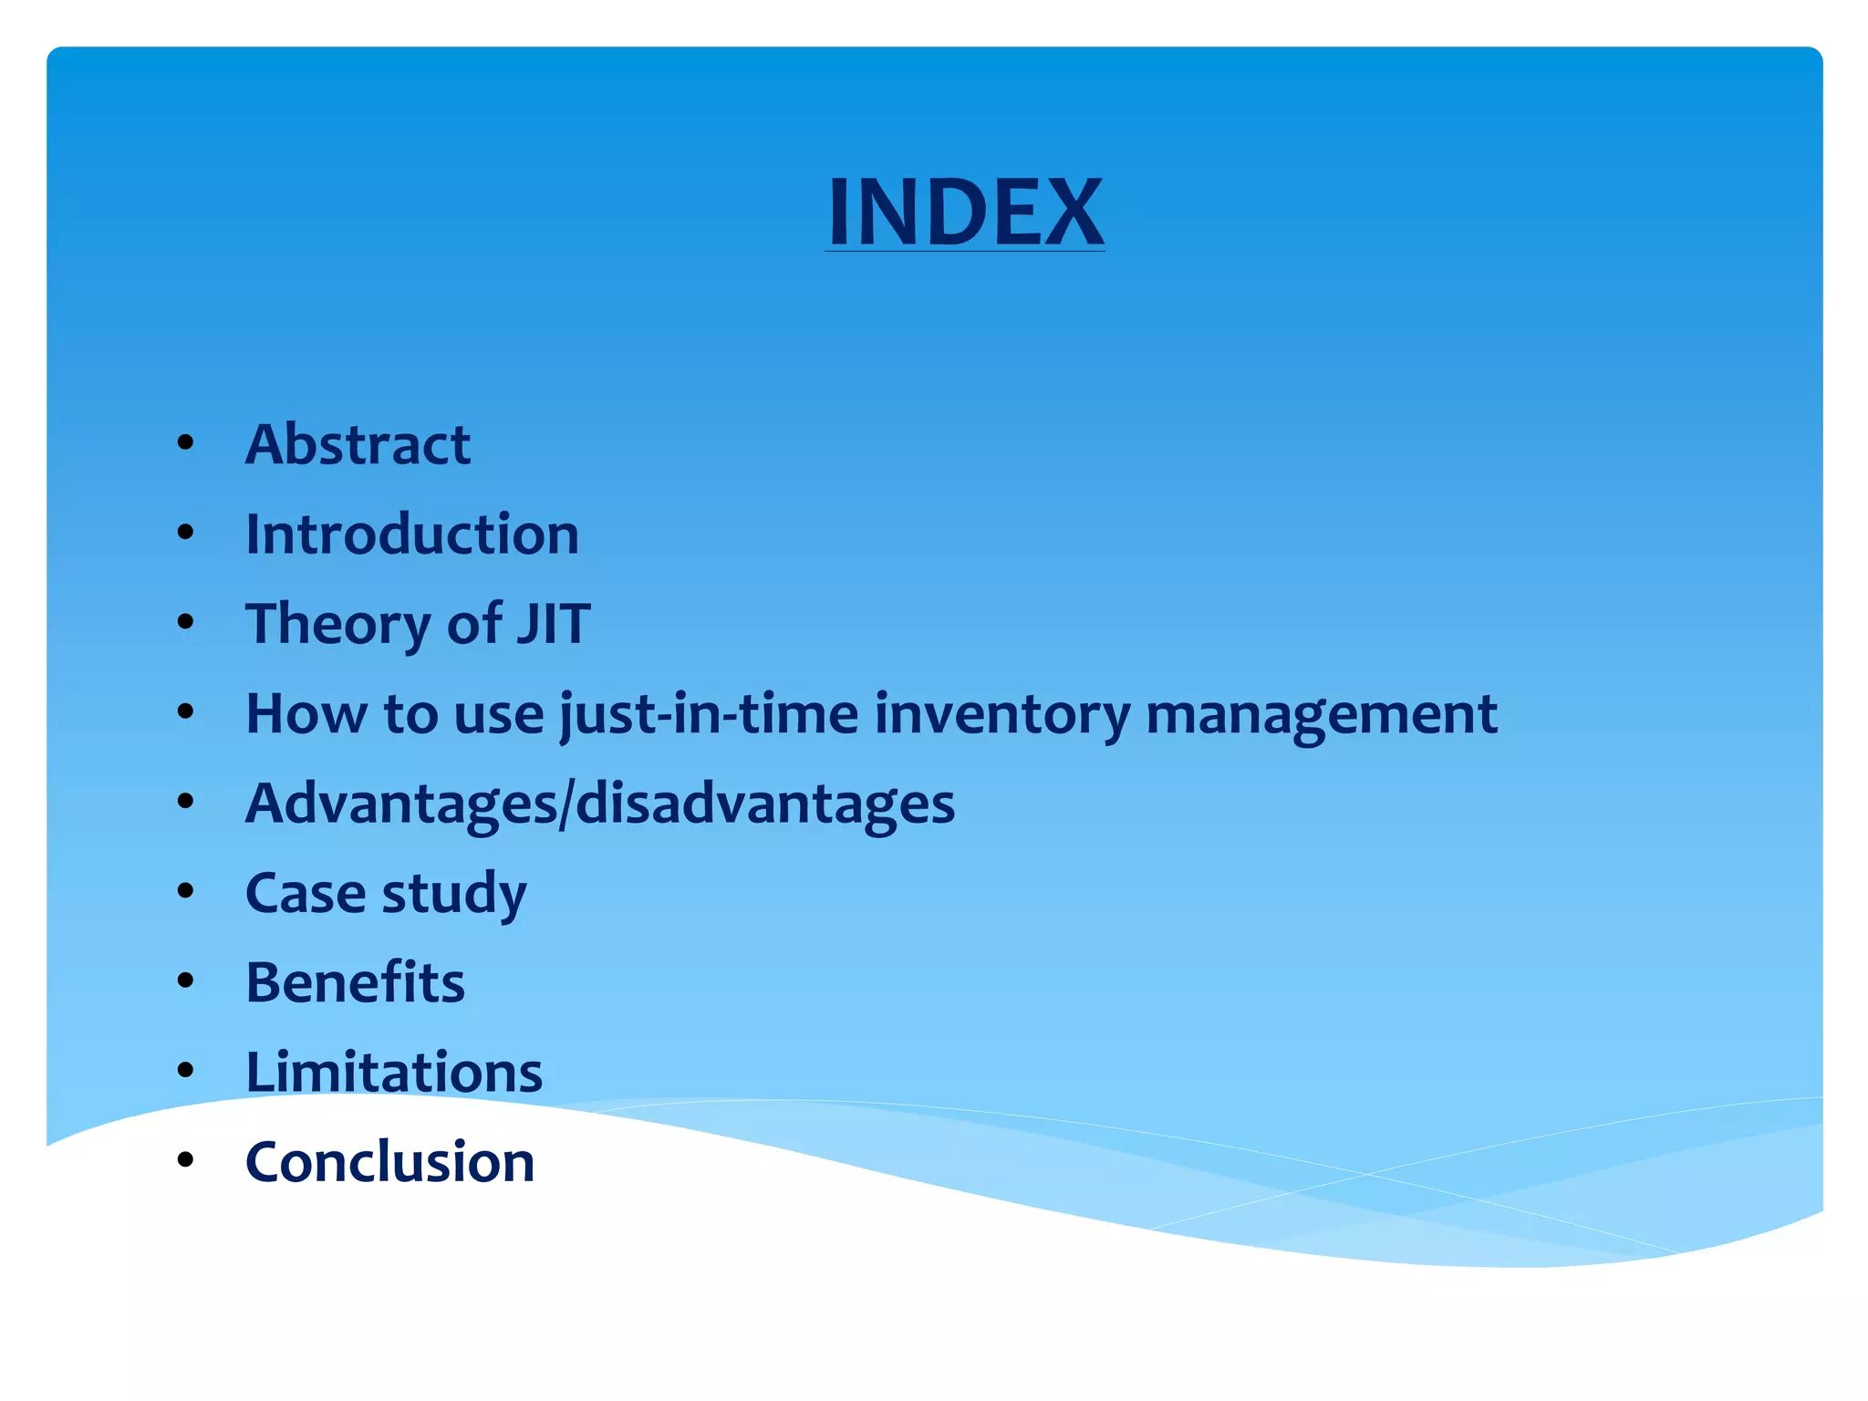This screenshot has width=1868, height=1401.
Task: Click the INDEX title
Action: tap(965, 212)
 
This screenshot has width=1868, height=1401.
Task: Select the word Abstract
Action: tap(358, 445)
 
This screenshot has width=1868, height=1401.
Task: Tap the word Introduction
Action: tap(412, 534)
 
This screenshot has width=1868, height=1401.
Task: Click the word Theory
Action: tap(337, 625)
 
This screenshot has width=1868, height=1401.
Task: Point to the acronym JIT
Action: tap(553, 624)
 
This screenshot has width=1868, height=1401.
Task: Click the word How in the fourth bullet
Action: tap(306, 713)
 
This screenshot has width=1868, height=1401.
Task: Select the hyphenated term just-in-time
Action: tap(709, 713)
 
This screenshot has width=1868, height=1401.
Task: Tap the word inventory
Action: tap(1001, 713)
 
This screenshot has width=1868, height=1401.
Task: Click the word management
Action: tap(1321, 713)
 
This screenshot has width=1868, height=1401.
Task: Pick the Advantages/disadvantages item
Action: tap(600, 804)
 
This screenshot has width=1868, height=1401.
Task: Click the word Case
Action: tap(306, 893)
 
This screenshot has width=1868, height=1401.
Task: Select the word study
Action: tap(454, 893)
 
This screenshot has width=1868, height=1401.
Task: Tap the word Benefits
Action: tap(355, 982)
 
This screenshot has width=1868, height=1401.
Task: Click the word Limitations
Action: tap(394, 1072)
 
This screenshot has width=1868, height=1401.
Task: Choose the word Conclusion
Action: tap(389, 1162)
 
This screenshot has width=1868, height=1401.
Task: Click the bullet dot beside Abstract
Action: tap(186, 443)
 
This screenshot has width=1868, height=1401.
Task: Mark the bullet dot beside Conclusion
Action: tap(186, 1160)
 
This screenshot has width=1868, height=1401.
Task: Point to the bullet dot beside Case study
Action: tap(186, 891)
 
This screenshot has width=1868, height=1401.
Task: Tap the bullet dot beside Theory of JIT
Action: tap(186, 622)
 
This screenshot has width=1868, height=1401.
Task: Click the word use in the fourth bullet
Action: tap(498, 715)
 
